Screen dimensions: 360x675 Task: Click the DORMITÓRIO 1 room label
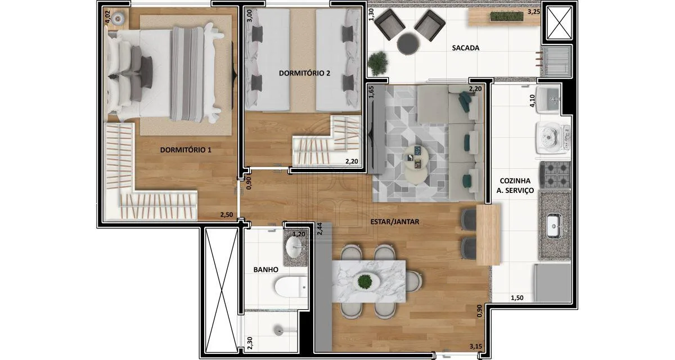186,150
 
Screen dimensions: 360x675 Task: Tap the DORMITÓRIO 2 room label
304,73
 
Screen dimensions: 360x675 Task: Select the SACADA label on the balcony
465,48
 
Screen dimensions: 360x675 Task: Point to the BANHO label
265,269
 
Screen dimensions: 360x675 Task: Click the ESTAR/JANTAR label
395,222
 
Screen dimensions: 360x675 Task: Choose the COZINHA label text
515,181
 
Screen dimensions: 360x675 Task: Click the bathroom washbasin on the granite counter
295,246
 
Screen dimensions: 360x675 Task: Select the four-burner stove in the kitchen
555,174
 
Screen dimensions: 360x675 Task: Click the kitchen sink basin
554,226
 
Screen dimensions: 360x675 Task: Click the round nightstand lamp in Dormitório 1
118,19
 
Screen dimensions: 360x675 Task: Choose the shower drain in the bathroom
278,331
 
